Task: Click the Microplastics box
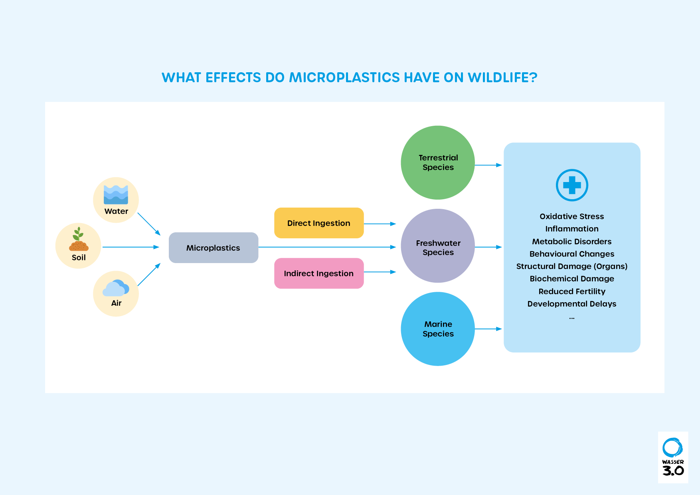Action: tap(214, 248)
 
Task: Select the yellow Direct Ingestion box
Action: tap(319, 223)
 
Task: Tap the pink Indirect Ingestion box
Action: tap(319, 273)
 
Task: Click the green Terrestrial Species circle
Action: tap(438, 162)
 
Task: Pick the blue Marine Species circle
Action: tap(438, 329)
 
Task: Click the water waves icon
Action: tap(116, 194)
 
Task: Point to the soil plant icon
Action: tap(79, 239)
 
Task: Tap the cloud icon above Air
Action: tap(116, 288)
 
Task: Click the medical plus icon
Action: tap(572, 185)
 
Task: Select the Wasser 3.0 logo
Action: tap(673, 457)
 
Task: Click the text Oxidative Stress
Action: tap(572, 216)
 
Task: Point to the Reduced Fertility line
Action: tap(572, 291)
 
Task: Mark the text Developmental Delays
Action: tap(572, 304)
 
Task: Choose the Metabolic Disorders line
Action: tap(572, 242)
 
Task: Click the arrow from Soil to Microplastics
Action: tap(131, 247)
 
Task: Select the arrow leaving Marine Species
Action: tap(488, 329)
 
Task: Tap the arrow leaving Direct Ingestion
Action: tap(380, 224)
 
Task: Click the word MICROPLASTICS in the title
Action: tap(344, 77)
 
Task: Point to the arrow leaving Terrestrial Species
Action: tap(488, 165)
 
